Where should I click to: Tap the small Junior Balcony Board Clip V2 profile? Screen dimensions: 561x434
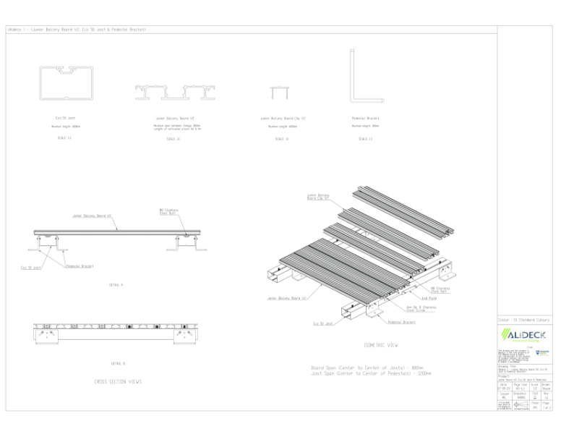click(278, 92)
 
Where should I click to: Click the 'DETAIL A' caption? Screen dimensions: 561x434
click(116, 284)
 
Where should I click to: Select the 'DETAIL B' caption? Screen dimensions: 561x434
click(118, 363)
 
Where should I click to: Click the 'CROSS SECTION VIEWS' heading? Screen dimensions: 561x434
click(118, 381)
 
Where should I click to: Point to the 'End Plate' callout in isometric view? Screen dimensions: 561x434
click(428, 297)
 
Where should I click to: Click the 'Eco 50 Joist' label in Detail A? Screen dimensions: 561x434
click(32, 268)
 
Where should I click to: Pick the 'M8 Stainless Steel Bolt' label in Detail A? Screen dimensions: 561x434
click(169, 211)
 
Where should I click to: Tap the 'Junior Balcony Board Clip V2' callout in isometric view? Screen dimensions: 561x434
click(318, 196)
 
